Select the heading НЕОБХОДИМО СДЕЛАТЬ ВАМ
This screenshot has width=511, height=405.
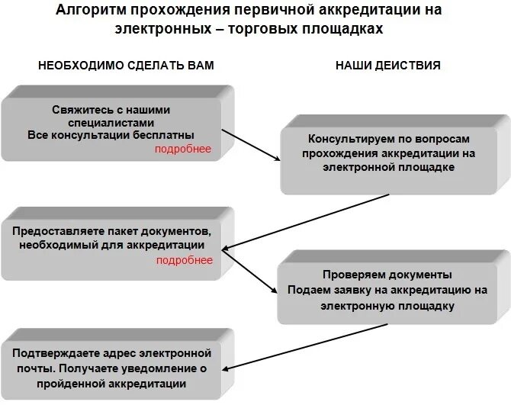(126, 66)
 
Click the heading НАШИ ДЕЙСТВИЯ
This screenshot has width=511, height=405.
(387, 66)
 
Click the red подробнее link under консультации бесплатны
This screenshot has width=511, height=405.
(183, 149)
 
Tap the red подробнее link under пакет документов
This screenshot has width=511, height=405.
(184, 260)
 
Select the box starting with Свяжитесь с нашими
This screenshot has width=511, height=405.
(114, 126)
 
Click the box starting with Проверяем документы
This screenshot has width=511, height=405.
(387, 289)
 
